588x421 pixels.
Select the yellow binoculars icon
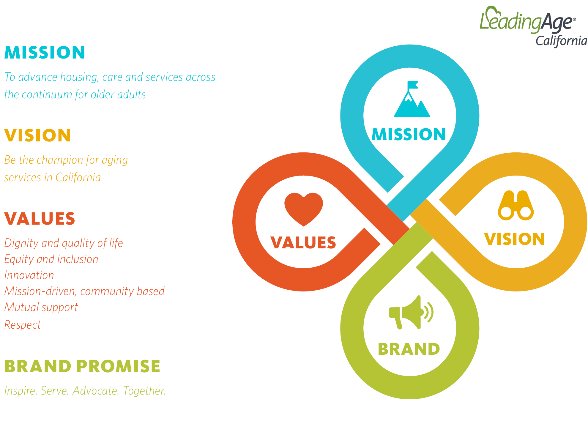(x=516, y=205)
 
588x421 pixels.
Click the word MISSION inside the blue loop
(x=409, y=135)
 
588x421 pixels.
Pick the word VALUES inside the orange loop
(x=303, y=242)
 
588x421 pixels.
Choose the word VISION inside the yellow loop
(x=515, y=239)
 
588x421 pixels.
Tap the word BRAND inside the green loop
(x=409, y=349)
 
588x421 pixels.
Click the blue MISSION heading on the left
(x=45, y=53)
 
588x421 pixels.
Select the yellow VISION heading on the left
(x=38, y=135)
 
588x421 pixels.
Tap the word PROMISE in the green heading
(x=119, y=366)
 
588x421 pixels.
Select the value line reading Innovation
(x=29, y=275)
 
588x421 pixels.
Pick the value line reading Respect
(x=23, y=325)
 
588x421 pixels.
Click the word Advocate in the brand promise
(x=96, y=391)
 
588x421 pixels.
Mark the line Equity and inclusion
(x=51, y=259)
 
